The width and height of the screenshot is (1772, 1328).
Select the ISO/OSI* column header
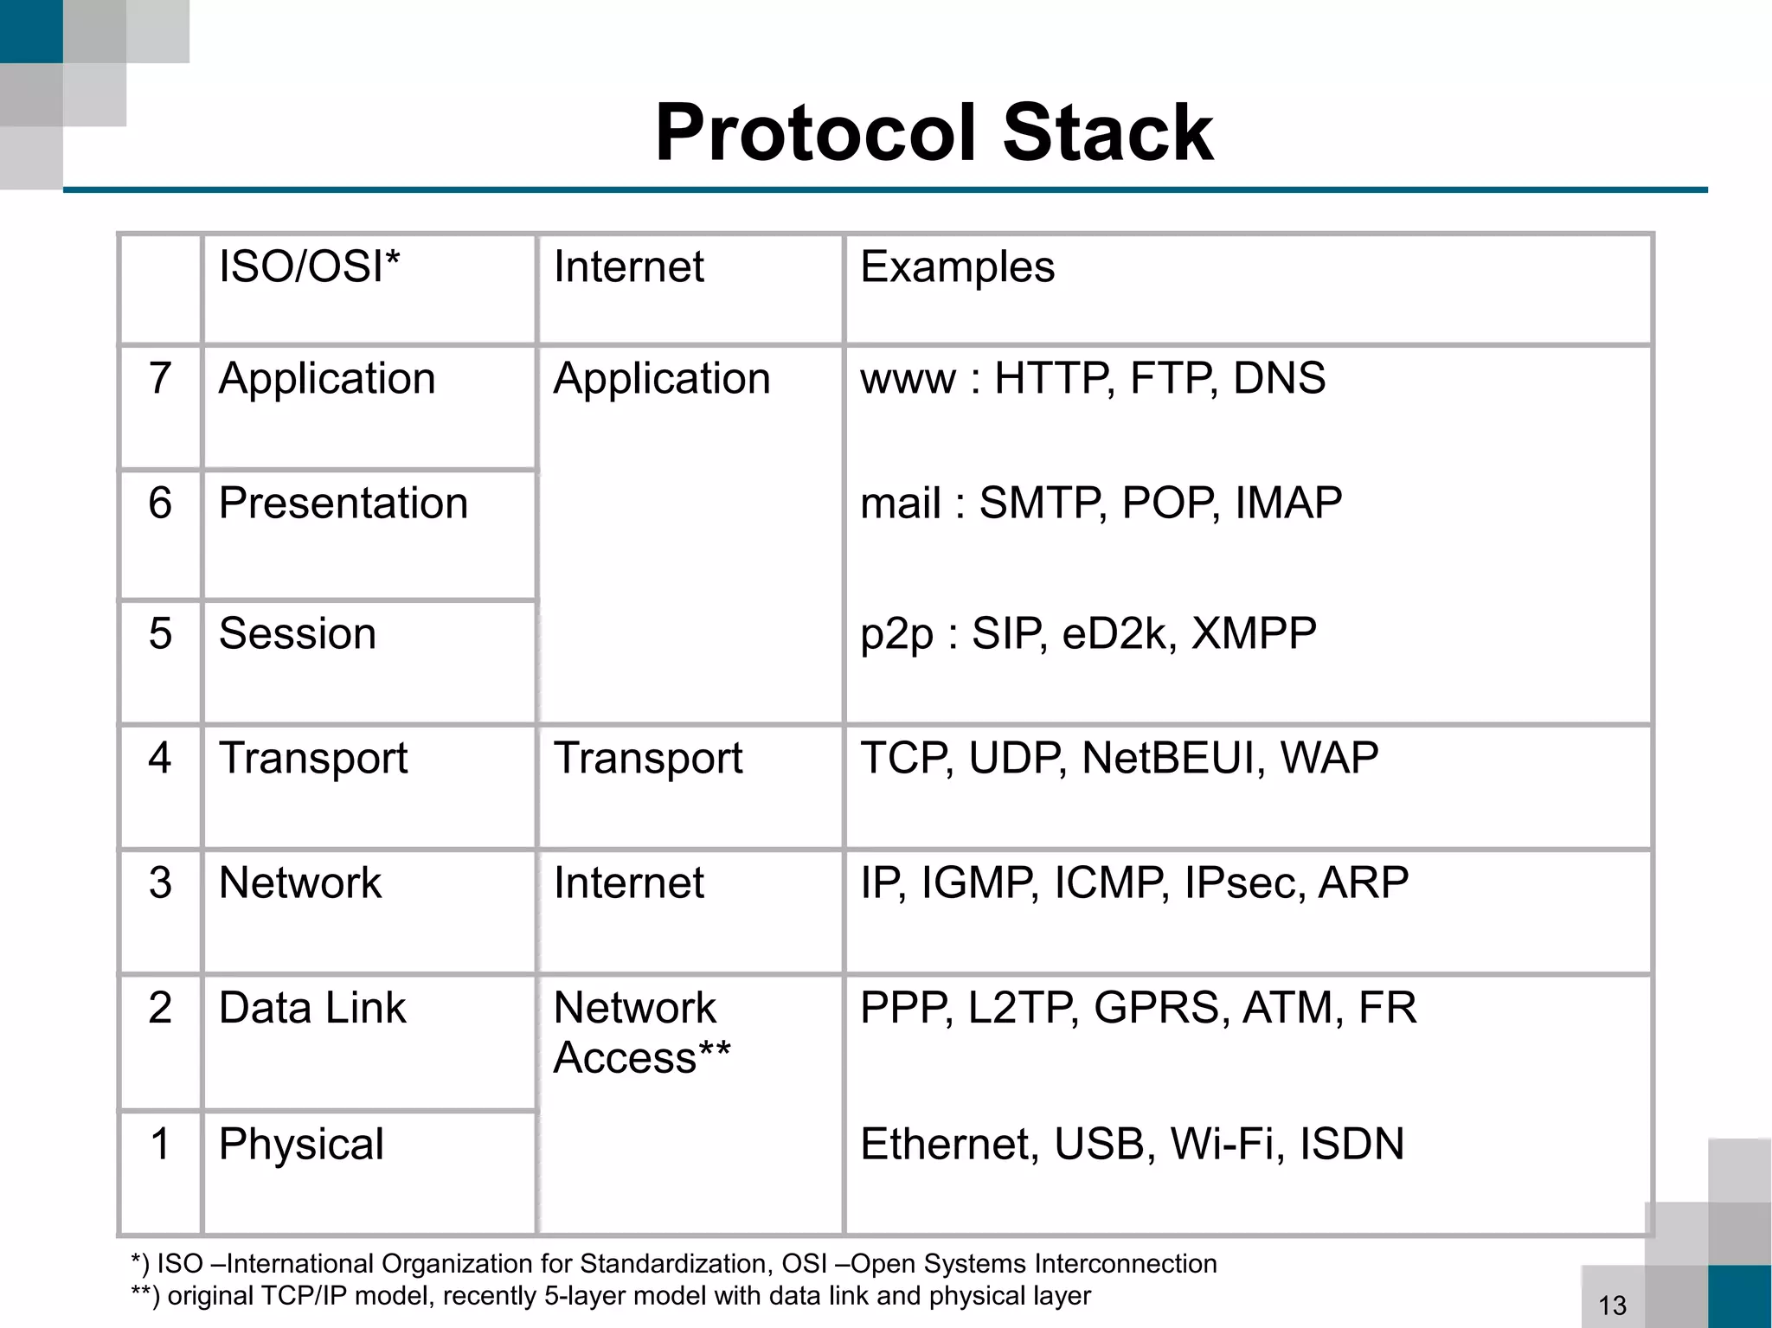(309, 266)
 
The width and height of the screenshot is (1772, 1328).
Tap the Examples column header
(957, 266)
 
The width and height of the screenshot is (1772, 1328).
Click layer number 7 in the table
(160, 378)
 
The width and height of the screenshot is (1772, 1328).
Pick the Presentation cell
(343, 503)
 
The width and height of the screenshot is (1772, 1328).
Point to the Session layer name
(297, 633)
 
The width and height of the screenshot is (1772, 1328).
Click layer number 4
(160, 758)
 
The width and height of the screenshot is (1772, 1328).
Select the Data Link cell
(311, 1008)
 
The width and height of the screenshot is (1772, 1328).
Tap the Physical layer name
(300, 1144)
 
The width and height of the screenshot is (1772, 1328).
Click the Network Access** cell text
(641, 1032)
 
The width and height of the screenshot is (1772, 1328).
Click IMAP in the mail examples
(1287, 503)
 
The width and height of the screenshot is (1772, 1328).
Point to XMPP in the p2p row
(1254, 633)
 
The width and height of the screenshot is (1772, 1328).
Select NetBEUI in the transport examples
(1167, 758)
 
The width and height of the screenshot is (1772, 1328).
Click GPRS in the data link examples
(1160, 1008)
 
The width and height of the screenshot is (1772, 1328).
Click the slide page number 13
(1612, 1305)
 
